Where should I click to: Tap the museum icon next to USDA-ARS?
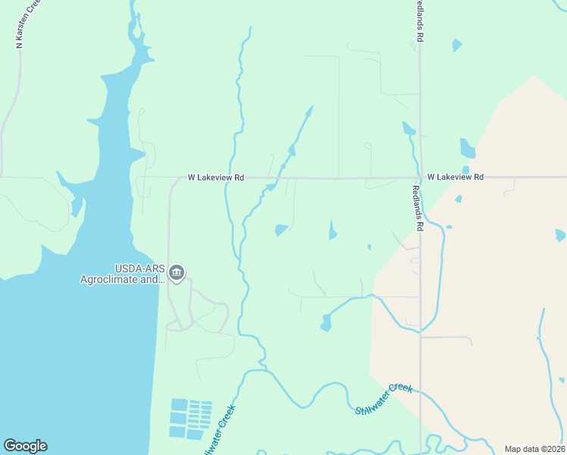click(177, 273)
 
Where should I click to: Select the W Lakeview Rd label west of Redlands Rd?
click(216, 177)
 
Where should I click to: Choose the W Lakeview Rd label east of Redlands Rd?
click(455, 177)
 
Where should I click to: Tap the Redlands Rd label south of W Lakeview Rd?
click(418, 209)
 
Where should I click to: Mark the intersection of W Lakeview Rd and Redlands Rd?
click(420, 177)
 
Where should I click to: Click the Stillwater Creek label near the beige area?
click(384, 398)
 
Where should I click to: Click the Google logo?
click(25, 446)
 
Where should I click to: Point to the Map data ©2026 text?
click(534, 449)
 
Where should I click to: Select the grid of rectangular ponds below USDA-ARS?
click(190, 418)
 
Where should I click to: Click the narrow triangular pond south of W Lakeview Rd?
click(332, 230)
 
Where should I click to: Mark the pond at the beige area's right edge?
click(559, 235)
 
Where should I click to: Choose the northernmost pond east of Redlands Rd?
click(456, 45)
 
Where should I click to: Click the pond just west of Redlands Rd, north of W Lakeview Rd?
click(409, 129)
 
